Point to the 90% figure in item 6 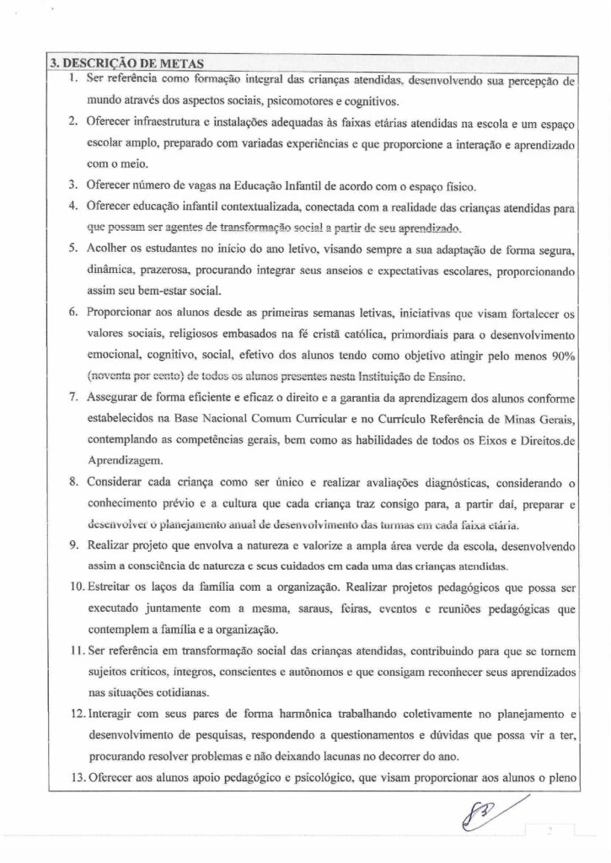tap(561, 355)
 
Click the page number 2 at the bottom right tap(549, 831)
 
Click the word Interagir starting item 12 tap(109, 692)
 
